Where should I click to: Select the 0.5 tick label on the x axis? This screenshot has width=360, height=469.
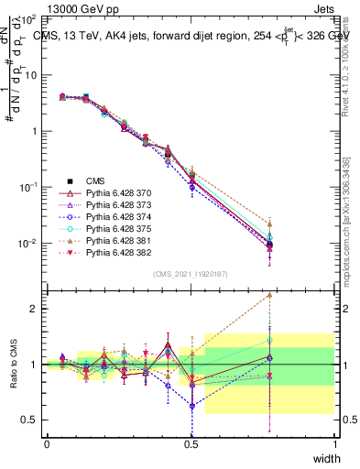pos(191,444)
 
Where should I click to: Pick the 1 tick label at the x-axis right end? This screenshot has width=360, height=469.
pos(335,444)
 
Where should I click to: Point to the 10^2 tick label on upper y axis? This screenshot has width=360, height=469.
pos(27,19)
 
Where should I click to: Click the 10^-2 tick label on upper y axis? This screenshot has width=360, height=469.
pos(27,244)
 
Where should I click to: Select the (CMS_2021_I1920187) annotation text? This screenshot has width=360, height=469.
pos(191,274)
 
